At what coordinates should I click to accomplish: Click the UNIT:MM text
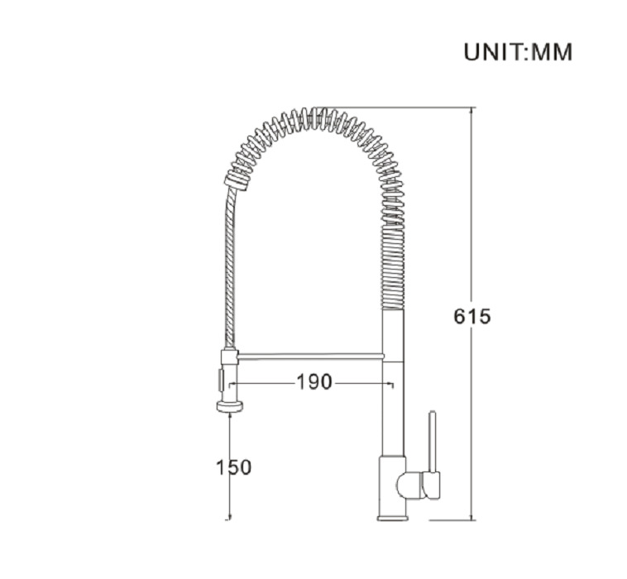(x=518, y=52)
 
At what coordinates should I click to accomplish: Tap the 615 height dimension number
(x=471, y=317)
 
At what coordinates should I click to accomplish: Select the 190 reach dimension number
(x=314, y=382)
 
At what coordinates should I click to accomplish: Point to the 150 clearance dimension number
(x=234, y=467)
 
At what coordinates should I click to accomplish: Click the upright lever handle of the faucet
(x=433, y=441)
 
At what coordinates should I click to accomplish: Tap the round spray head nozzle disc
(x=230, y=407)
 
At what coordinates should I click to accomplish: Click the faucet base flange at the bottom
(x=393, y=519)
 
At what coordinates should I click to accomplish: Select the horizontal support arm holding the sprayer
(x=310, y=356)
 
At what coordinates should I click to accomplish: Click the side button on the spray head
(x=220, y=380)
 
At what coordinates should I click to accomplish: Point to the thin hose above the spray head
(x=229, y=268)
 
